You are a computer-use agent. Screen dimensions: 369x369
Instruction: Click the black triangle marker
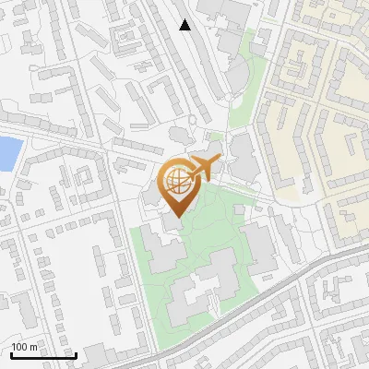[185, 25]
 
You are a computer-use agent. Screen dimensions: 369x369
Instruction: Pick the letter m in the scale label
[34, 347]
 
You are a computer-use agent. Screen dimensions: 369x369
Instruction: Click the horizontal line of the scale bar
[43, 355]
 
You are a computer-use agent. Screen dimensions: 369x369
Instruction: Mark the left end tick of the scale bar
[11, 353]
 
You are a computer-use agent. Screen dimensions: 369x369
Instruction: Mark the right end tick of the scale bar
[76, 353]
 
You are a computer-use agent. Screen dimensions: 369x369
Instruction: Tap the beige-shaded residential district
[323, 92]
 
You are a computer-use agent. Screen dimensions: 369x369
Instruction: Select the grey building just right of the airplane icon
[242, 157]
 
